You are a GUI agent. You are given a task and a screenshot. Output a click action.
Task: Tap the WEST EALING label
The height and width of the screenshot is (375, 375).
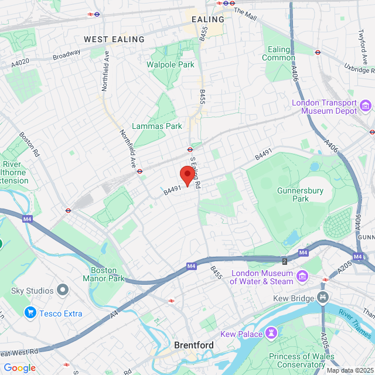coord(114,39)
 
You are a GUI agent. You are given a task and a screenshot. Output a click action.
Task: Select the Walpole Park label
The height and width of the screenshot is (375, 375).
coord(171,64)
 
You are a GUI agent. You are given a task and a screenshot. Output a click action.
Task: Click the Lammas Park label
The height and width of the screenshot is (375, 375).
coord(156,126)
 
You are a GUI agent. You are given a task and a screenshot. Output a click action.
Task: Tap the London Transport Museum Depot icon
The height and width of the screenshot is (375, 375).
coord(366,106)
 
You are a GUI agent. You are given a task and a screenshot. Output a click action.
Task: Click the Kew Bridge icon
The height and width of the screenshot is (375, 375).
coord(323,298)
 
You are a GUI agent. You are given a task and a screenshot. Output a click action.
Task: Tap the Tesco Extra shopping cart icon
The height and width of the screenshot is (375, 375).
coord(30,313)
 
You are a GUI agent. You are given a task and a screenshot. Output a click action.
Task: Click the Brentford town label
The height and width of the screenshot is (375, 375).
coord(193,345)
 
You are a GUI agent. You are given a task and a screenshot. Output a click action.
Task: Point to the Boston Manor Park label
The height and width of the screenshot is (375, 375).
coord(107,274)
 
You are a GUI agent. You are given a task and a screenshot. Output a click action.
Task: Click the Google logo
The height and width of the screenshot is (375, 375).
coord(19,367)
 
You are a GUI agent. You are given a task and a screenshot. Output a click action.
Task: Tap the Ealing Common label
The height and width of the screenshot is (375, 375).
coord(278,53)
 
